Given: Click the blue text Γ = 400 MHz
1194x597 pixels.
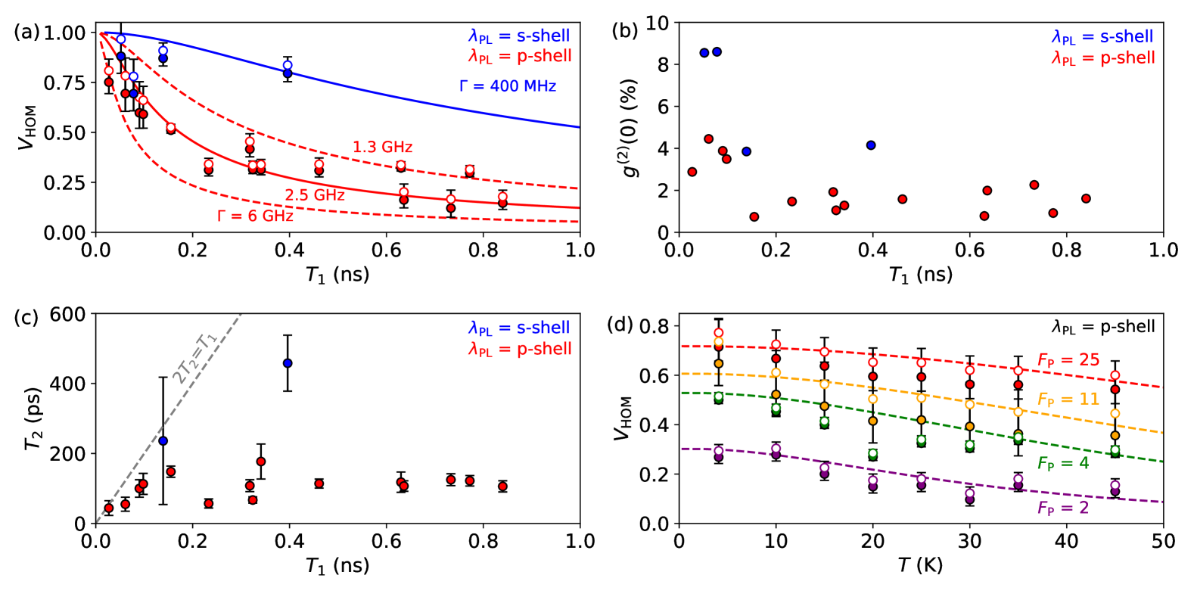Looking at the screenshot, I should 507,86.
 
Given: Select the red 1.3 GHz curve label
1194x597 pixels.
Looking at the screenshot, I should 382,147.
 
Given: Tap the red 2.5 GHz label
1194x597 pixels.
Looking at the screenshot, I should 315,195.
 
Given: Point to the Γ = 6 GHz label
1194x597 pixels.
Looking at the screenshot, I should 255,216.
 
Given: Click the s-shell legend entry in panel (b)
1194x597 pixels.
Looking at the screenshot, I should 1102,36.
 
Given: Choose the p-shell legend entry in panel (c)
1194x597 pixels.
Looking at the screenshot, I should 519,349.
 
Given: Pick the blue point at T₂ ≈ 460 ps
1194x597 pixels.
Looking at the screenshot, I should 288,363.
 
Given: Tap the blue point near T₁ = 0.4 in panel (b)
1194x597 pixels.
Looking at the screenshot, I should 871,145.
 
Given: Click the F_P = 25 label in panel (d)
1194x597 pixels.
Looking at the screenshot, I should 1068,360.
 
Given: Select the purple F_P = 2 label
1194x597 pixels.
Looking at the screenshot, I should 1063,508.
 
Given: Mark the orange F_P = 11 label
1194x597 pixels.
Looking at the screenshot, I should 1068,400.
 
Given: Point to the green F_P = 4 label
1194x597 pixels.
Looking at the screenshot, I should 1063,463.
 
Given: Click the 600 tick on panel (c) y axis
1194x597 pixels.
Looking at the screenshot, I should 67,313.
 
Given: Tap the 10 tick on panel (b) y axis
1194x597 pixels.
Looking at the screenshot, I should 657,23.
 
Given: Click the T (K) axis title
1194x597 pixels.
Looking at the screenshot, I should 921,564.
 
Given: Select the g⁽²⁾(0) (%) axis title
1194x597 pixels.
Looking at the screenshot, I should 630,128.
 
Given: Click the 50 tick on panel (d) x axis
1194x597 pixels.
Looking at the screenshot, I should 1163,541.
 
